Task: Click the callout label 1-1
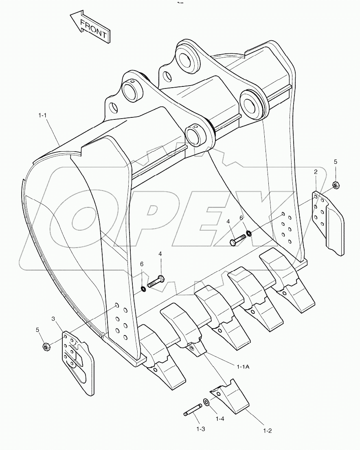[43, 116]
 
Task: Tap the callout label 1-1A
[243, 367]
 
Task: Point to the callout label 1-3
[200, 429]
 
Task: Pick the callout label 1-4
[220, 419]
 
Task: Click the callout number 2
[316, 172]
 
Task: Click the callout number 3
[53, 318]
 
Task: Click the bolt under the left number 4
[156, 281]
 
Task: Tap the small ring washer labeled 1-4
[206, 403]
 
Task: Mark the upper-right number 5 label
[335, 162]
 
